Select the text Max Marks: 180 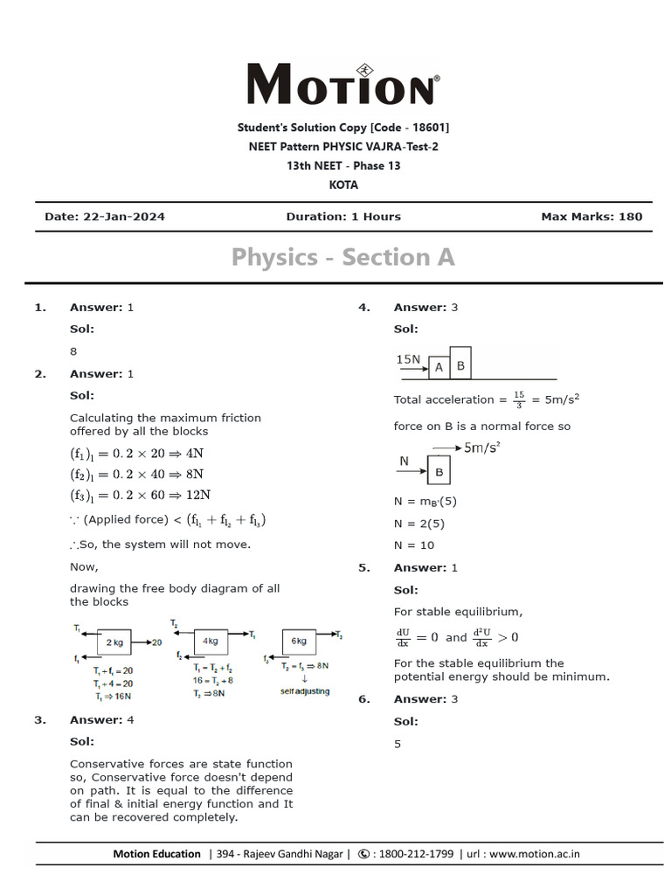pyautogui.click(x=591, y=217)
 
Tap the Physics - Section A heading pyautogui.click(x=343, y=257)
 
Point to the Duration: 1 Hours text pyautogui.click(x=343, y=217)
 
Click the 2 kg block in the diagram pyautogui.click(x=114, y=642)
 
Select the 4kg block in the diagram pyautogui.click(x=211, y=641)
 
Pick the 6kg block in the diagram pyautogui.click(x=299, y=641)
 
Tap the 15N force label pyautogui.click(x=408, y=359)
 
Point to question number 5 pyautogui.click(x=363, y=568)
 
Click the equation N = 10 pyautogui.click(x=414, y=545)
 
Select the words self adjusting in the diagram pyautogui.click(x=305, y=691)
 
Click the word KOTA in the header pyautogui.click(x=343, y=185)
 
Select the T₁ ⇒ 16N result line pyautogui.click(x=113, y=697)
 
